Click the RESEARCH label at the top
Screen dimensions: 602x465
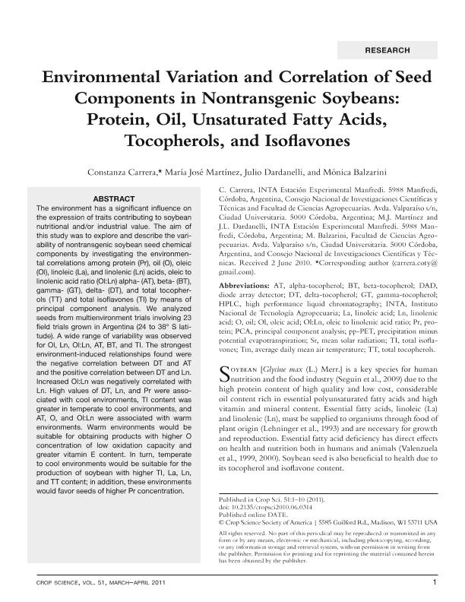coord(387,50)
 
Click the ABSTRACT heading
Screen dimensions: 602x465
coord(114,198)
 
